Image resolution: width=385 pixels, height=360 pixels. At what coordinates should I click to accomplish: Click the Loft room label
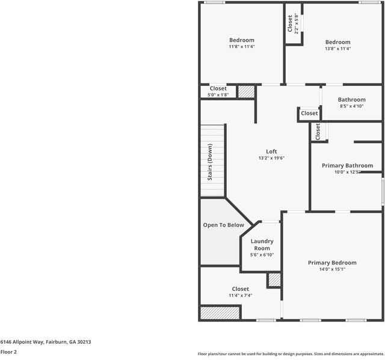(271, 151)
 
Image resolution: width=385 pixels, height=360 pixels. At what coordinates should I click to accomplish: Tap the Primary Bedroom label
(332, 263)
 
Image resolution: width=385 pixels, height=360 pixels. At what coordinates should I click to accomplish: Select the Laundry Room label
(262, 245)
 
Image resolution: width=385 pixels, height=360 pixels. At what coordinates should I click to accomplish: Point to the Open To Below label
(223, 225)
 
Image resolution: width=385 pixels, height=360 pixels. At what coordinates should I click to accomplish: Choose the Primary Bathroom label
(347, 165)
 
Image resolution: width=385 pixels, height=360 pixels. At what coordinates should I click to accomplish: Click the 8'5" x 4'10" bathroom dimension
(351, 106)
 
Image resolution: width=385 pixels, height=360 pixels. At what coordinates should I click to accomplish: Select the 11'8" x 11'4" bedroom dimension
(241, 47)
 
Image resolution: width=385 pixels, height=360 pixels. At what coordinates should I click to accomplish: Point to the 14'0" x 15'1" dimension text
(332, 269)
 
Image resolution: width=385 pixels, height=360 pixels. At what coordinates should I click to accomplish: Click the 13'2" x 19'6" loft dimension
(271, 158)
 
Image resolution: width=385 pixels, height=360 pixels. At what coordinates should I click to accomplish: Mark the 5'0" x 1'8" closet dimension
(218, 95)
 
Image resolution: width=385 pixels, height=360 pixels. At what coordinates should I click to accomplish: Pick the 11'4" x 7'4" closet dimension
(240, 295)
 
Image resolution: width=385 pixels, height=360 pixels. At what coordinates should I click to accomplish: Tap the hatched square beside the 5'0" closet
(246, 91)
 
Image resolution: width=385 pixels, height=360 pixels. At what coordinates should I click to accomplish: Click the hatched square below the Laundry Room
(274, 280)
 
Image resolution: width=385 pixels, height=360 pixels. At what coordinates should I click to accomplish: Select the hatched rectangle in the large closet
(220, 313)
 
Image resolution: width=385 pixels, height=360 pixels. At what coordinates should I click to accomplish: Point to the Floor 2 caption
(8, 352)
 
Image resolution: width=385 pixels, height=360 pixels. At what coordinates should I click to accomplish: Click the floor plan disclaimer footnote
(291, 354)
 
